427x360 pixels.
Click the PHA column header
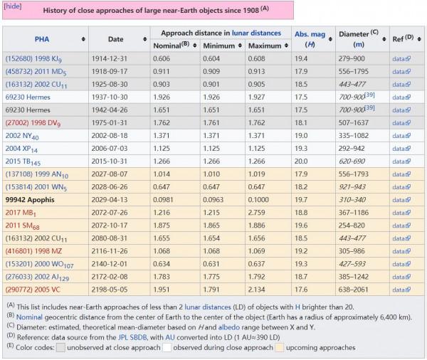(42, 39)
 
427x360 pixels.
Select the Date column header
(115, 39)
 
